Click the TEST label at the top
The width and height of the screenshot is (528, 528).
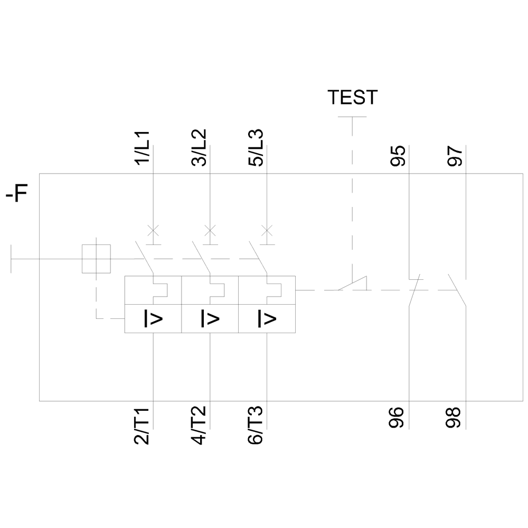coord(352,97)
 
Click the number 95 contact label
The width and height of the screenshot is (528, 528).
coord(399,157)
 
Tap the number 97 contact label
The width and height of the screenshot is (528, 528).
coord(456,157)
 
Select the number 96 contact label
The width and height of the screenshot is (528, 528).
coord(399,417)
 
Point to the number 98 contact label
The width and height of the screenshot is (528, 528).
coord(456,417)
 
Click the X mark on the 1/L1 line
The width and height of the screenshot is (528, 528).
coord(153,230)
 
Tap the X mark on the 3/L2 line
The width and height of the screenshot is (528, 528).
coord(210,230)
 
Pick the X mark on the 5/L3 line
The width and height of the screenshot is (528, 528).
coord(267,230)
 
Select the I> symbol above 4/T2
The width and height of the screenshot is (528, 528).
coord(210,318)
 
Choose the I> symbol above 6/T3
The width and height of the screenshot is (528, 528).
coord(267,318)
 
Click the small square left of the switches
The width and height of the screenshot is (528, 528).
coord(96,259)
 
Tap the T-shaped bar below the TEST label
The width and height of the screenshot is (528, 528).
coord(352,117)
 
